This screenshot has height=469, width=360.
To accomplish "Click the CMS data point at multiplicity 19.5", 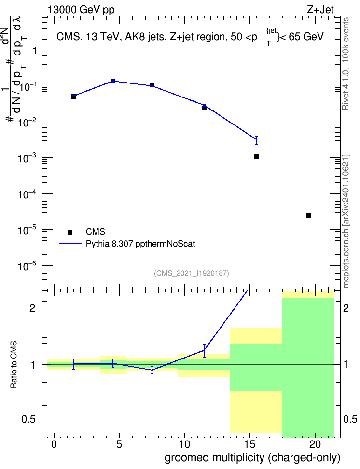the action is pos(308,216).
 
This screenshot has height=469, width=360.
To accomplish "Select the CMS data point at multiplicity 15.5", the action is pos(256,156).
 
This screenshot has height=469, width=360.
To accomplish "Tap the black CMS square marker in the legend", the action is pos(70,232).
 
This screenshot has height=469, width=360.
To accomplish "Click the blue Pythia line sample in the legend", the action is pos(70,244).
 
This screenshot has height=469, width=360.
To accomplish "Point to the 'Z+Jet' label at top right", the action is pos(320,10).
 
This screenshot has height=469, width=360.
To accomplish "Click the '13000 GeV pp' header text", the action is pos(81,10).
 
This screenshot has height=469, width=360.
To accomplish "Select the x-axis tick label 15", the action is pos(250,444).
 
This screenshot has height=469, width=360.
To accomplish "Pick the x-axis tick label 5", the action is pos(119,444).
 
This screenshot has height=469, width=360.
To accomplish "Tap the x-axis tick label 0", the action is pos(54,444).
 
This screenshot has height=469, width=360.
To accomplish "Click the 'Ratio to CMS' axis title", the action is pos(14,365).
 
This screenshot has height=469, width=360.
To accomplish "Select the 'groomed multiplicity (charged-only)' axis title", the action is pos(252,458).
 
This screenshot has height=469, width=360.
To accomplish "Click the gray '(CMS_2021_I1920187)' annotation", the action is pos(192,273).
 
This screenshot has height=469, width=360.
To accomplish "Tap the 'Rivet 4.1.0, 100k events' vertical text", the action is pos(346,64).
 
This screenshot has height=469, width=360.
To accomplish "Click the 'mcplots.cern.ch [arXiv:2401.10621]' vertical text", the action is pos(346,221).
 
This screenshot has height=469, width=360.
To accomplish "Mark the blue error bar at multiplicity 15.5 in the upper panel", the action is pos(256,140).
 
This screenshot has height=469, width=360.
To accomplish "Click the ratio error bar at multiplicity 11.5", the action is pos(204,350).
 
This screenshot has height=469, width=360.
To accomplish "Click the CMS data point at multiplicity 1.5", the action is pos(73,97).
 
